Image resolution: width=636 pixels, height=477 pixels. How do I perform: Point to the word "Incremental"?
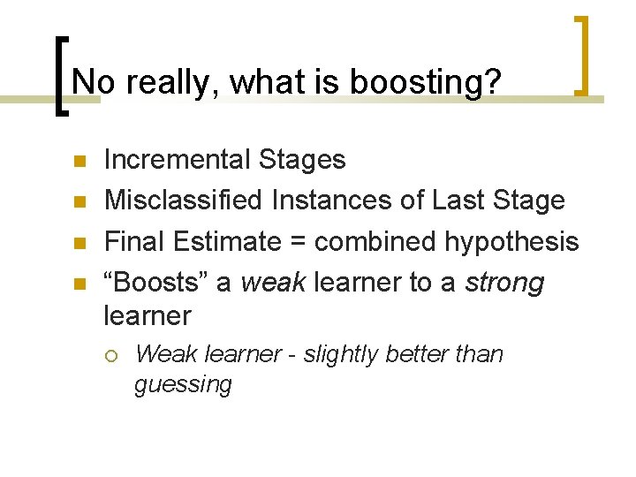(178, 160)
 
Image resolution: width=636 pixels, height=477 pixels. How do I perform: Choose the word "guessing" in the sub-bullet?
(183, 385)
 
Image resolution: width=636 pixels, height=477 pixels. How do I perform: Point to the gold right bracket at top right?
(583, 54)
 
